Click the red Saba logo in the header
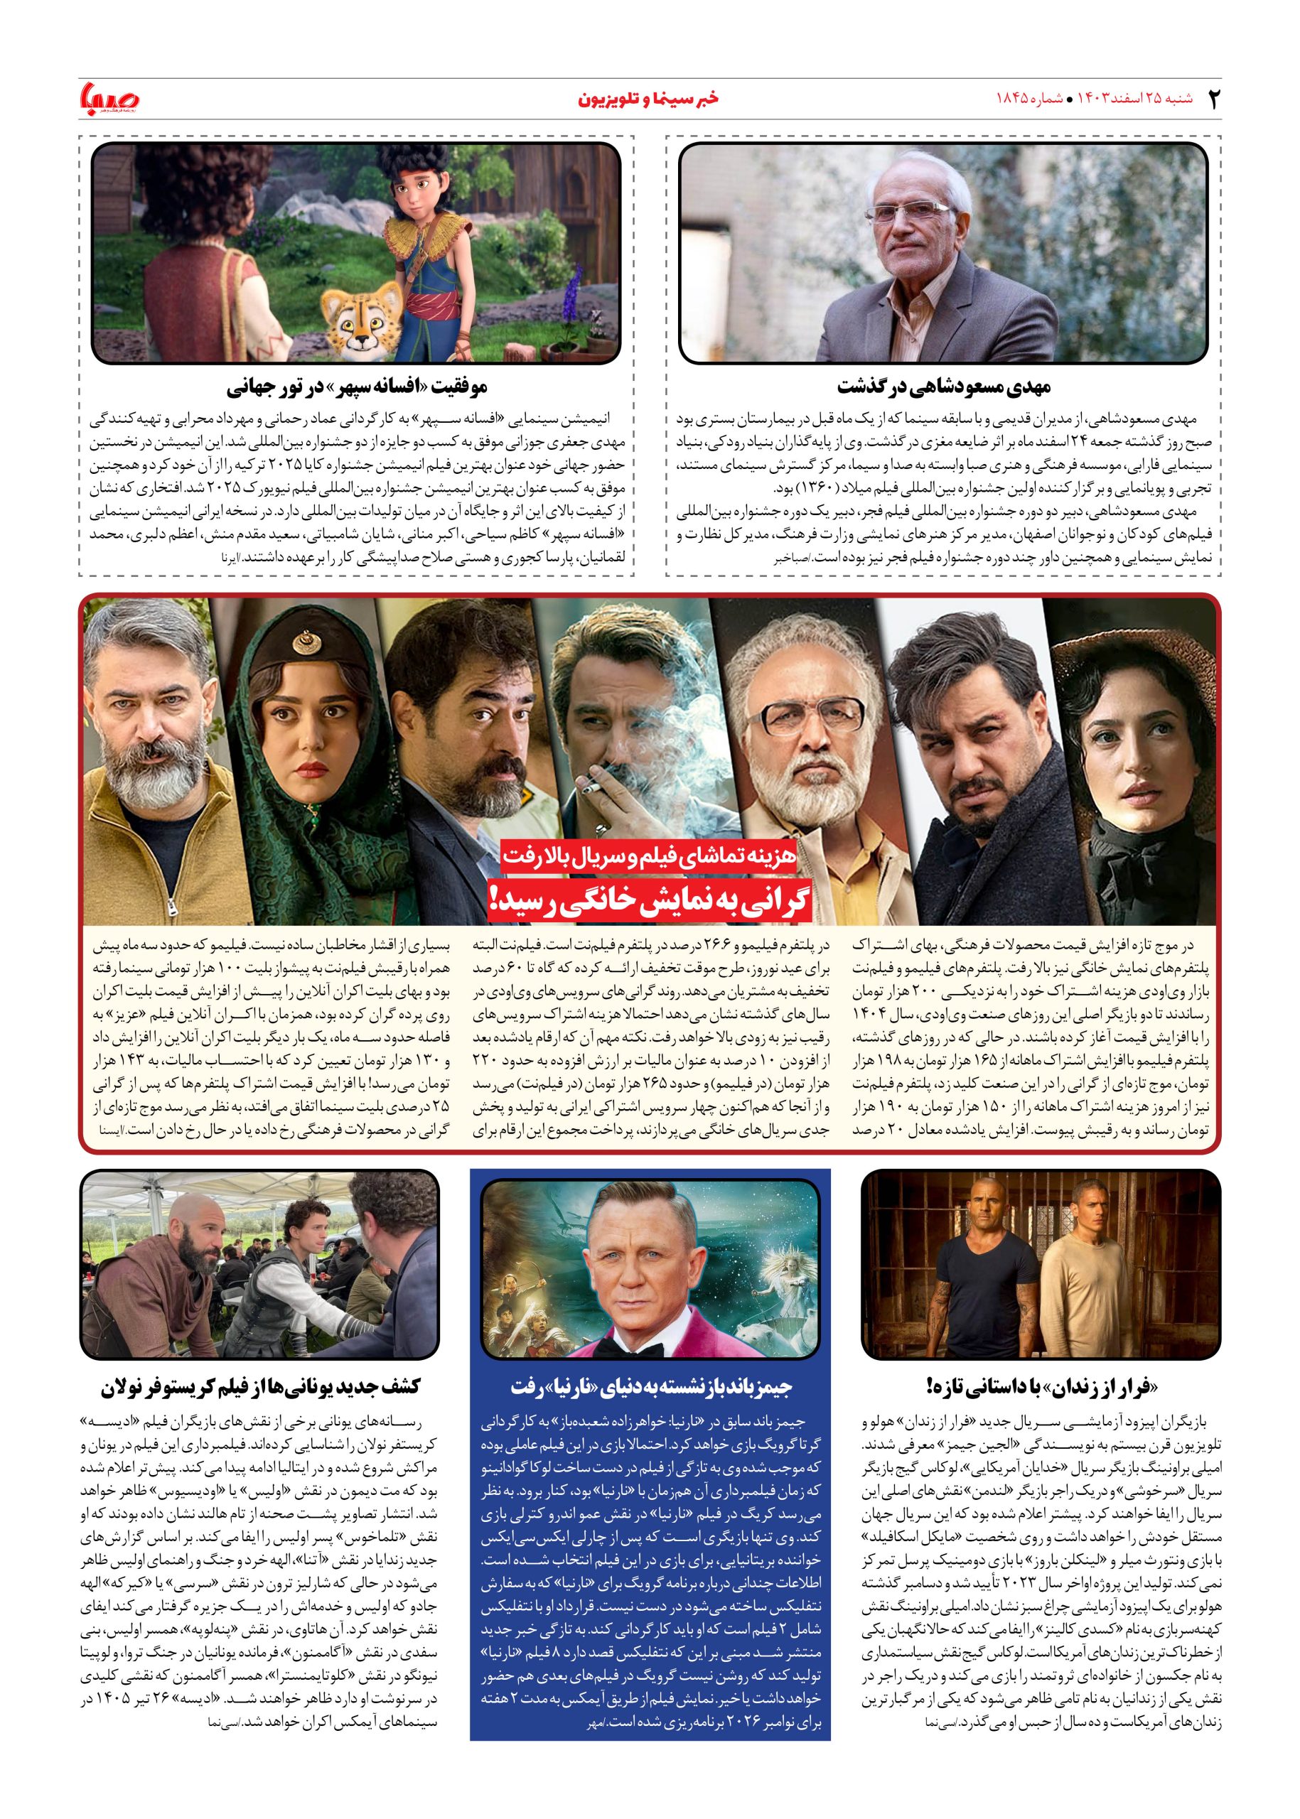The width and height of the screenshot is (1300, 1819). tap(109, 99)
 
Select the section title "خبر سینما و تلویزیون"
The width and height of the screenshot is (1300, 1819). tap(648, 99)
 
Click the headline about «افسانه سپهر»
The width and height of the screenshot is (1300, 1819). tap(357, 389)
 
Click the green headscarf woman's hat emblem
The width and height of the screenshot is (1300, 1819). tap(303, 642)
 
